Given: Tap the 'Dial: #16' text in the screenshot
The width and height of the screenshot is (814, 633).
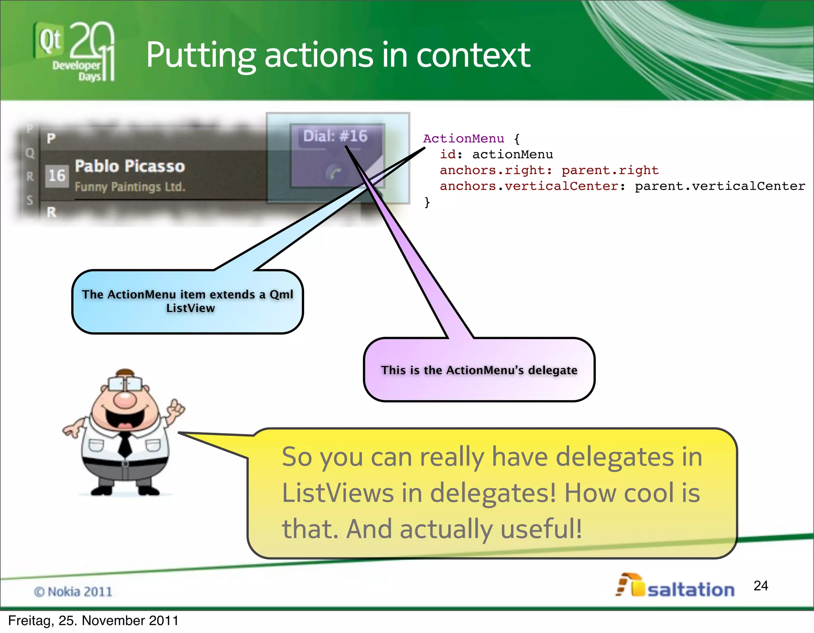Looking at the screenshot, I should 335,136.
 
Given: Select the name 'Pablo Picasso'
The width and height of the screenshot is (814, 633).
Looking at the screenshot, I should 130,166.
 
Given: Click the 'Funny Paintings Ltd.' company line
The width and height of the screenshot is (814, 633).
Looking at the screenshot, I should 130,187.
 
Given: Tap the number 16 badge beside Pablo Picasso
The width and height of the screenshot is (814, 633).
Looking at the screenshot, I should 56,176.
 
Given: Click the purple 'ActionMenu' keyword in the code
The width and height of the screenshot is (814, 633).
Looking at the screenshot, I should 463,139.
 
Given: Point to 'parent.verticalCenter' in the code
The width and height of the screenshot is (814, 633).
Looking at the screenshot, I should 720,186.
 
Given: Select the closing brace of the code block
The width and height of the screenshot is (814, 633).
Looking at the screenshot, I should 427,202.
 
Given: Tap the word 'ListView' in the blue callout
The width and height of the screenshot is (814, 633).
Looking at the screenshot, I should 190,308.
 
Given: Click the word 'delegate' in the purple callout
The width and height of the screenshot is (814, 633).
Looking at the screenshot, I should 552,370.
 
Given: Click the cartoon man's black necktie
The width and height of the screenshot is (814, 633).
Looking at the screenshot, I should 125,444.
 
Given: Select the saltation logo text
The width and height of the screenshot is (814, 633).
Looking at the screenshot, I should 691,590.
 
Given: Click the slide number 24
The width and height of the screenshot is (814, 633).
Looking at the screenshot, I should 760,586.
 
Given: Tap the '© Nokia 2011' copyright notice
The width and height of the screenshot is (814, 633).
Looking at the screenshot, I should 73,592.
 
